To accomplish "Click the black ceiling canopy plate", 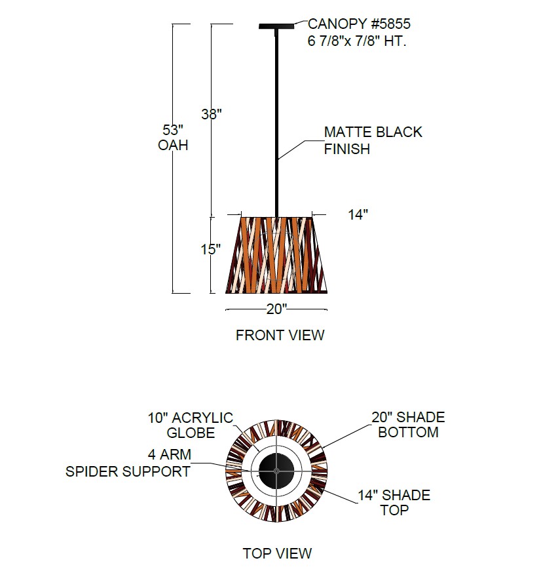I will coord(277,26).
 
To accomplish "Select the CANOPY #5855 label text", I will coord(359,25).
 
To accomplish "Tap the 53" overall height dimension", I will coord(172,128).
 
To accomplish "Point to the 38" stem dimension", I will coord(212,114).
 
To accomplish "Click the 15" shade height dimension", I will coord(211,250).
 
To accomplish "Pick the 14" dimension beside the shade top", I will coord(358,215).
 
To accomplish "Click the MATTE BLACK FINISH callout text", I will coord(373,140).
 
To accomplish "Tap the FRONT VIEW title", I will coord(280,336).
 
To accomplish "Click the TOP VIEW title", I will coord(277,553).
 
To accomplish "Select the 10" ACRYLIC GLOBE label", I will coord(190,425).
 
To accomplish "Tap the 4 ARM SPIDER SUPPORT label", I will coord(128,463).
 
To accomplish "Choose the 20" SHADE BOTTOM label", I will coord(407,425).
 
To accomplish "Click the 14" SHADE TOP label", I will coord(394,502).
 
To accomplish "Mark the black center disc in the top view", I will coord(276,471).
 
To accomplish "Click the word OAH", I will coord(173,146).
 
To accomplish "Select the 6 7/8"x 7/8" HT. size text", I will coord(357,41).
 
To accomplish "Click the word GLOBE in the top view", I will coord(190,433).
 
